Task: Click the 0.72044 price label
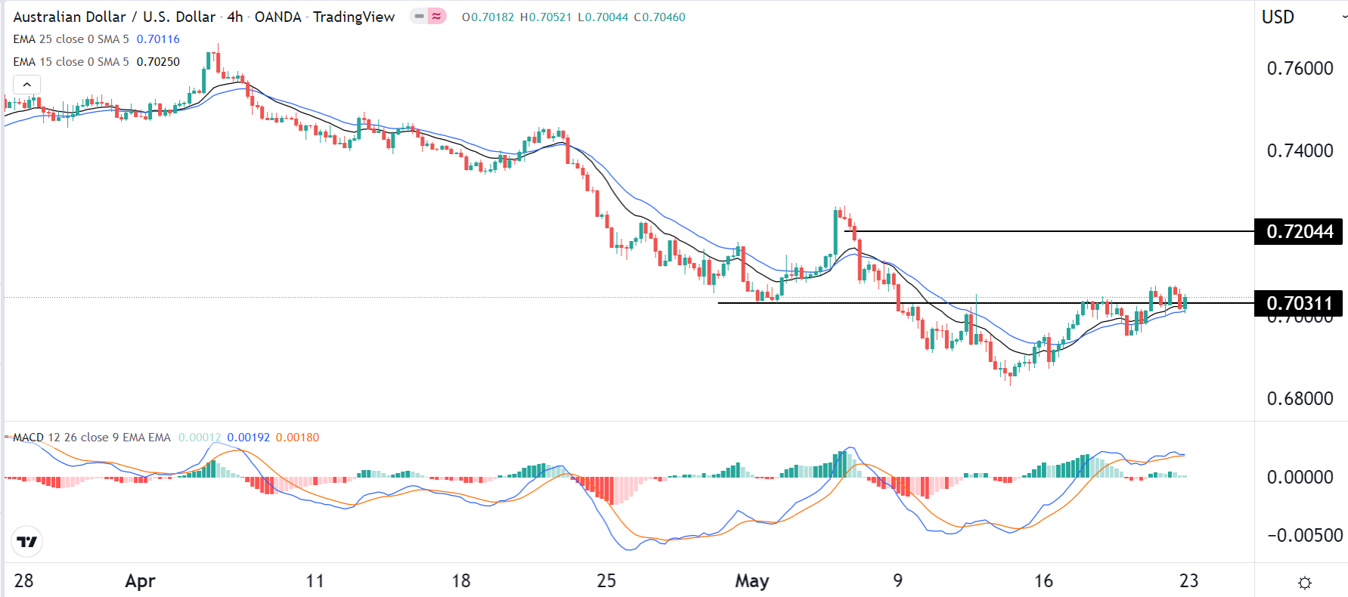pyautogui.click(x=1299, y=231)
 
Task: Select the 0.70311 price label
pyautogui.click(x=1299, y=303)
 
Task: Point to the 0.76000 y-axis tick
pyautogui.click(x=1300, y=68)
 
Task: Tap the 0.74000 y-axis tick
pyautogui.click(x=1300, y=150)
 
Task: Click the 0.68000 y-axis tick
pyautogui.click(x=1300, y=398)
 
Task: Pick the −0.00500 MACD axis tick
pyautogui.click(x=1304, y=535)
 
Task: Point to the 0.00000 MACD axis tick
pyautogui.click(x=1300, y=477)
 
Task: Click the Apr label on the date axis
pyautogui.click(x=140, y=580)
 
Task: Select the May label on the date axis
pyautogui.click(x=751, y=580)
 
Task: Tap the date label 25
pyautogui.click(x=606, y=580)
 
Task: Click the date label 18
pyautogui.click(x=460, y=580)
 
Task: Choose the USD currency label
pyautogui.click(x=1278, y=17)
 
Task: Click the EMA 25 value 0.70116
pyautogui.click(x=158, y=39)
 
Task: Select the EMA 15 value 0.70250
pyautogui.click(x=158, y=62)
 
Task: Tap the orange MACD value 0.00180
pyautogui.click(x=297, y=438)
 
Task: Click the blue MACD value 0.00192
pyautogui.click(x=248, y=438)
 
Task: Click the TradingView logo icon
pyautogui.click(x=27, y=542)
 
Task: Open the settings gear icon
pyautogui.click(x=1304, y=582)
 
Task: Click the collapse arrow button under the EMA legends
pyautogui.click(x=26, y=84)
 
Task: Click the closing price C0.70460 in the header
pyautogui.click(x=659, y=17)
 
